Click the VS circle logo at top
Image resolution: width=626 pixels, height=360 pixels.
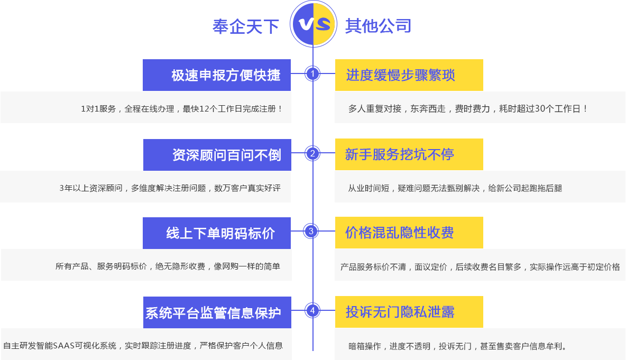click(314, 24)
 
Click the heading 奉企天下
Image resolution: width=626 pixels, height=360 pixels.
click(245, 27)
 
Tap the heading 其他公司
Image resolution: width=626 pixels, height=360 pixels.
click(378, 26)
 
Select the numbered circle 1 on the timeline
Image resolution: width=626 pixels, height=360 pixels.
click(312, 73)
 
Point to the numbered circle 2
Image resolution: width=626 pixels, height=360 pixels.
click(312, 153)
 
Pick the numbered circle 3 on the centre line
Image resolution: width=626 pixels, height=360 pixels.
click(311, 231)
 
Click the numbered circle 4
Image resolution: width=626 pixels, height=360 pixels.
click(312, 310)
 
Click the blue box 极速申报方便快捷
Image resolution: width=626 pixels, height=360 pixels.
click(217, 75)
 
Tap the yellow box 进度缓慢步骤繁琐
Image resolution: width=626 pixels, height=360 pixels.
click(409, 75)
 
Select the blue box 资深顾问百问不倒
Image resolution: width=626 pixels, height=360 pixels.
click(217, 155)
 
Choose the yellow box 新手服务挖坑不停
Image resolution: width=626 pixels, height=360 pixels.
click(409, 154)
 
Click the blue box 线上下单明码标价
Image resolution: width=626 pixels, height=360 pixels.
click(217, 233)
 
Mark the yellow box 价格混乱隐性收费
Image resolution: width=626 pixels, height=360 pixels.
click(409, 233)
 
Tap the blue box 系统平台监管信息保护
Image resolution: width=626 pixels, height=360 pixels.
click(217, 312)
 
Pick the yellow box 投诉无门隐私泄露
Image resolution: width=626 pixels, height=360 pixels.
click(409, 312)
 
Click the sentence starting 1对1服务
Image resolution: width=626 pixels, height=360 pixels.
click(182, 108)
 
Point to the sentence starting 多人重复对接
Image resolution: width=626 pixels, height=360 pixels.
click(467, 108)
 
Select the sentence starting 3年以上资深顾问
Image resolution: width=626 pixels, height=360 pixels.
click(170, 188)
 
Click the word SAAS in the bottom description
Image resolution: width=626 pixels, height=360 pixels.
click(63, 346)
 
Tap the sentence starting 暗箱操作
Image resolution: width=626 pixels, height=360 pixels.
click(457, 346)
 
